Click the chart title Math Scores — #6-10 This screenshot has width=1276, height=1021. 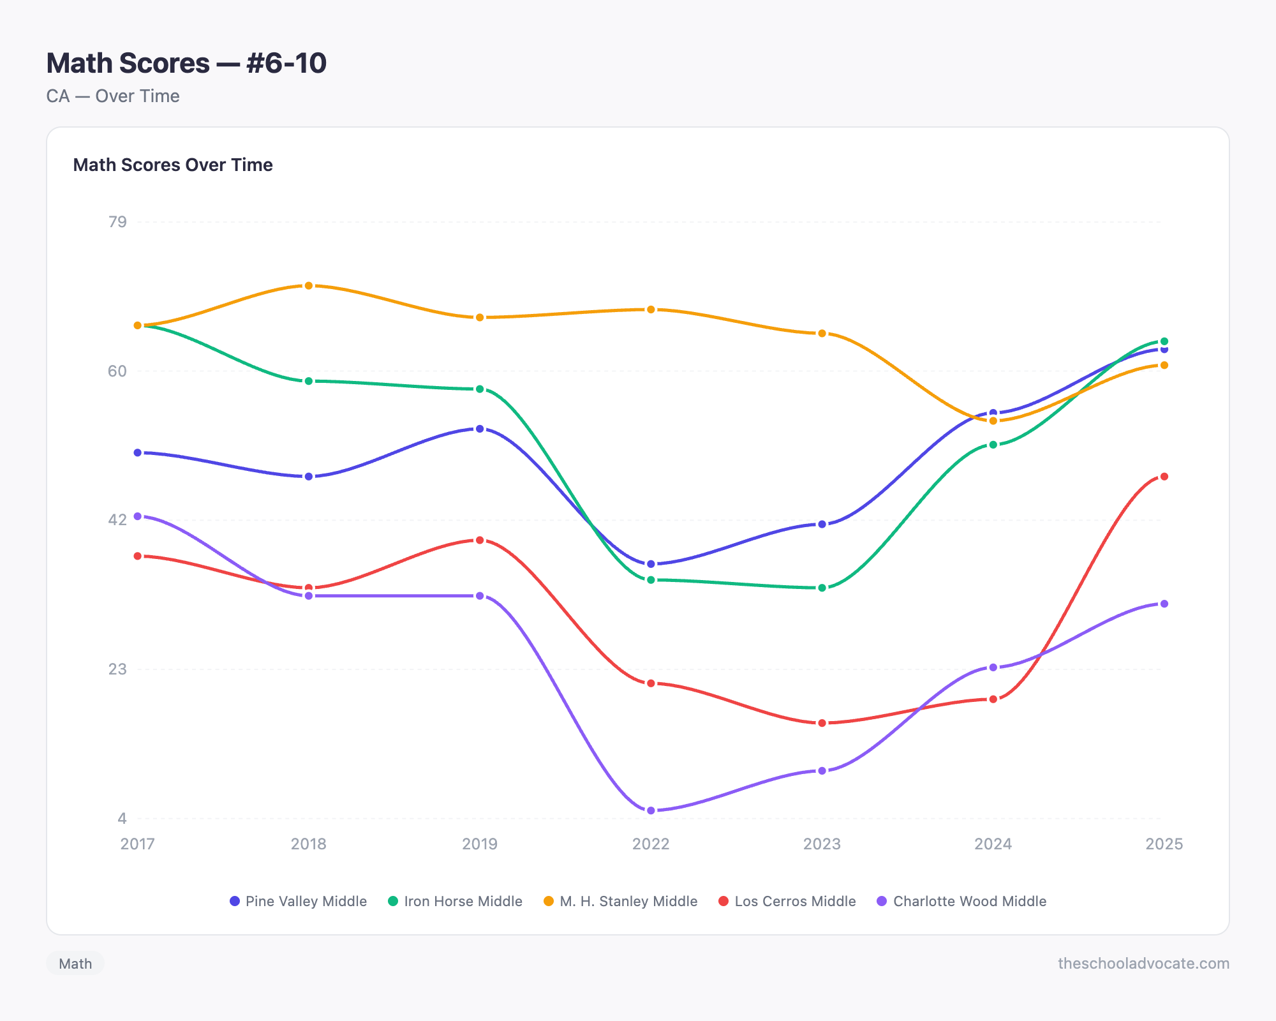(186, 63)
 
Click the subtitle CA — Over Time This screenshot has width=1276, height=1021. (113, 96)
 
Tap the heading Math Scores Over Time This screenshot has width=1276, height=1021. (173, 165)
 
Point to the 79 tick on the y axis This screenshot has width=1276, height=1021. (117, 222)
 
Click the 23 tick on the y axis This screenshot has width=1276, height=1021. (117, 669)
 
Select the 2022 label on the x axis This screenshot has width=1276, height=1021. (651, 844)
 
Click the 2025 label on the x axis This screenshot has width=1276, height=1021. (1164, 844)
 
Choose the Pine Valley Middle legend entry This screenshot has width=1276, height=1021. (298, 901)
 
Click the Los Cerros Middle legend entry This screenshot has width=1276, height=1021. (787, 901)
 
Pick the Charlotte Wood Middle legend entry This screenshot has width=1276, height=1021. (962, 901)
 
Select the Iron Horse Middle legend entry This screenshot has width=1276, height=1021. (456, 901)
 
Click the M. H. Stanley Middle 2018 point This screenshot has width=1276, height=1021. (309, 285)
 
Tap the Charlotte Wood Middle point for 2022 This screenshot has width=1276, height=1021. (651, 810)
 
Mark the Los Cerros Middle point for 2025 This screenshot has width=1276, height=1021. (1164, 477)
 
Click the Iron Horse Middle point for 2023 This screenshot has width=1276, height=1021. (822, 588)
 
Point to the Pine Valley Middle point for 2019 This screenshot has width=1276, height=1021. (480, 429)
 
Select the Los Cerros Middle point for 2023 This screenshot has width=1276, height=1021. (822, 723)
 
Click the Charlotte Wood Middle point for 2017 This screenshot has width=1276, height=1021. (138, 516)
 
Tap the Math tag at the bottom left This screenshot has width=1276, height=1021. (75, 964)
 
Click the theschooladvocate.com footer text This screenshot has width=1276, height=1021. (1143, 964)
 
